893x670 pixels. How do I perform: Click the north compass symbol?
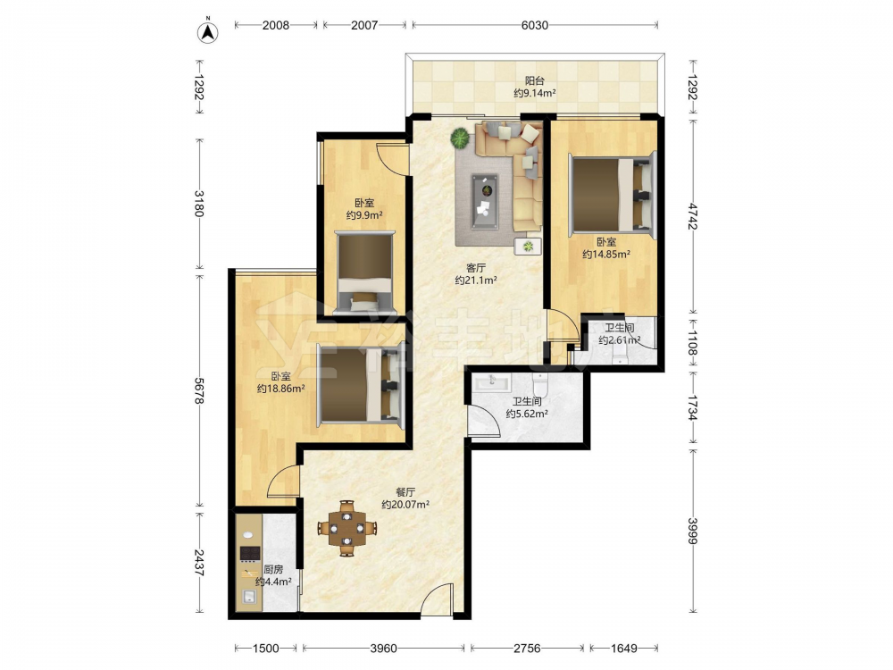click(x=208, y=32)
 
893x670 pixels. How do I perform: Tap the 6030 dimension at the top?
click(x=535, y=25)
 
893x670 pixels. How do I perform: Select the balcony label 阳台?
click(x=534, y=81)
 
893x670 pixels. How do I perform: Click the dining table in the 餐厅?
click(x=346, y=528)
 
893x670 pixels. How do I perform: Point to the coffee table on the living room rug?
click(x=485, y=201)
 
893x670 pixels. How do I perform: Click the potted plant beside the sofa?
click(x=460, y=138)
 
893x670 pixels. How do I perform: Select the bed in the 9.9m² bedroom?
click(x=365, y=272)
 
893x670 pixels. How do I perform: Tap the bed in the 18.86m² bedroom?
click(x=361, y=386)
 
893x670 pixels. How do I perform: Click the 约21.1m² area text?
click(x=476, y=281)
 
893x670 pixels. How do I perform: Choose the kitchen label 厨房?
click(x=273, y=569)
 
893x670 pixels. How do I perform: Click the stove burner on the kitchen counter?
click(x=249, y=553)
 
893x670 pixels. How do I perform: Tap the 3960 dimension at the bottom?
click(x=383, y=648)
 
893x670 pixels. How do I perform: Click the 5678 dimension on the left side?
click(x=199, y=391)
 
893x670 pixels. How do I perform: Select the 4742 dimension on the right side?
click(x=693, y=216)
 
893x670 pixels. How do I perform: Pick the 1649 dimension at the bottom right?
click(x=623, y=648)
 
